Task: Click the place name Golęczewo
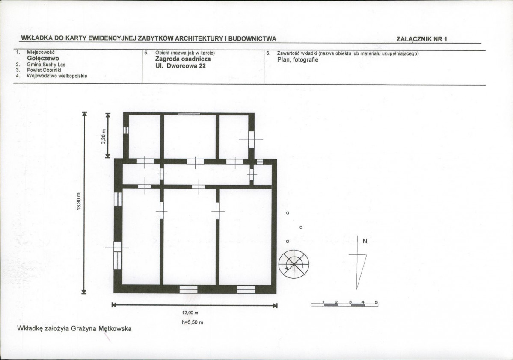43,59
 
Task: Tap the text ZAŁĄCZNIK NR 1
422,39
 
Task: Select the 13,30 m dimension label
79,203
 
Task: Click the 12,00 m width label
190,313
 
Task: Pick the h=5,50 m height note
193,322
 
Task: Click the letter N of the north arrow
365,241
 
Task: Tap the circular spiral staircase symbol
294,264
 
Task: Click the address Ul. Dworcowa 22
180,66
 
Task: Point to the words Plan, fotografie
297,60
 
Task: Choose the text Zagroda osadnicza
183,59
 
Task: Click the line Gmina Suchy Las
46,65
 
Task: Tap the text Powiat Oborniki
44,70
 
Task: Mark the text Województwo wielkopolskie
57,76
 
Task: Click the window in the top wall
189,114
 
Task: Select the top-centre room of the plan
190,137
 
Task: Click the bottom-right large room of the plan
246,236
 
